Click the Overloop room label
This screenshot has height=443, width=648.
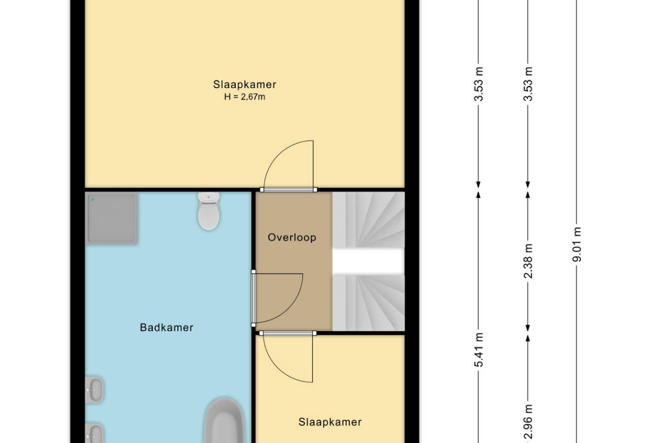292,237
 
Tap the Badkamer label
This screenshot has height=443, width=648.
166,327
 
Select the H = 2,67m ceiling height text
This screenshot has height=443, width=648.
244,97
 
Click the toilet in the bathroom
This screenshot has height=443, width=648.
208,211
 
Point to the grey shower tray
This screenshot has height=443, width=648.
112,218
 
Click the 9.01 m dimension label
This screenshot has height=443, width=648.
577,244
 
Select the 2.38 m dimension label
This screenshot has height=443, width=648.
528,261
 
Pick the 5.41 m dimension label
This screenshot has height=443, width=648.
479,350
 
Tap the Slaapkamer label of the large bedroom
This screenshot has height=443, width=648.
244,84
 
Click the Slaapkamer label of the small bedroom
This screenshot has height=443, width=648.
330,422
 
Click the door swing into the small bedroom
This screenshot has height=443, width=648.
278,372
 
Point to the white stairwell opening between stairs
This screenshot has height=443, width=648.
368,261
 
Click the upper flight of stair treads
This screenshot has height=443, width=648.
368,220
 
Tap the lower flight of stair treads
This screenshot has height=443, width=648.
368,303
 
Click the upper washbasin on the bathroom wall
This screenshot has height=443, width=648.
94,390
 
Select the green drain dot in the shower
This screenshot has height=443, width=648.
93,200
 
